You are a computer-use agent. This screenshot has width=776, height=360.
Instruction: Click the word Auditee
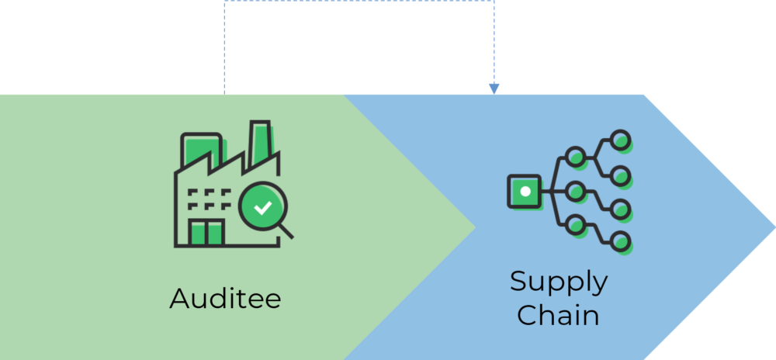point(225,298)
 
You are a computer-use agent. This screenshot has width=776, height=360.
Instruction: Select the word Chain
point(559,314)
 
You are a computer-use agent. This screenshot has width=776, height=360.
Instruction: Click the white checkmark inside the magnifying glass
point(262,208)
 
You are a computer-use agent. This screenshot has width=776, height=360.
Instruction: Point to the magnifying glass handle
point(286,231)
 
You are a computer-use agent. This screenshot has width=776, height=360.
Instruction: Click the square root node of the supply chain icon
point(524,191)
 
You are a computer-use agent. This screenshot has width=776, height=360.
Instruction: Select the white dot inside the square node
point(525,191)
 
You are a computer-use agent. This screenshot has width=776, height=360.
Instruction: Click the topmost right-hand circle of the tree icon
point(620,140)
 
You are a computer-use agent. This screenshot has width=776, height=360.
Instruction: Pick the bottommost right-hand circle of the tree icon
point(620,242)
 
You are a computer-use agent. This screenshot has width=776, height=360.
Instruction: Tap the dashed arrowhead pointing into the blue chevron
point(494,89)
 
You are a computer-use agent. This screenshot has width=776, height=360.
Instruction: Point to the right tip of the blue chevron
point(774,227)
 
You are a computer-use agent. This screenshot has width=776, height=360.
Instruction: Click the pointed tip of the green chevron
point(475,227)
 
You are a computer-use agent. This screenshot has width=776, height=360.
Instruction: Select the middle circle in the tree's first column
point(575,191)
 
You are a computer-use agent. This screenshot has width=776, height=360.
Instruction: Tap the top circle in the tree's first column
point(575,157)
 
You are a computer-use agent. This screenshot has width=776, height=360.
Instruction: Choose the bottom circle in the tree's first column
point(575,225)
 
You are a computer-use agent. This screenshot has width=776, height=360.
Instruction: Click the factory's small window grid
point(210,199)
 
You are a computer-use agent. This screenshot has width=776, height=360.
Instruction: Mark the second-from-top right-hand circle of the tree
point(620,175)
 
